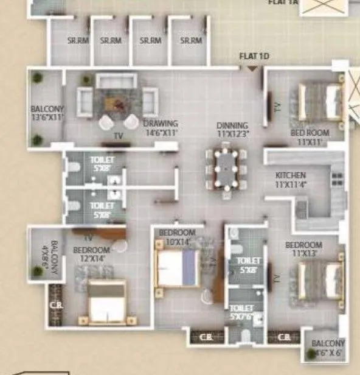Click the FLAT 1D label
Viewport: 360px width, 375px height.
[254, 57]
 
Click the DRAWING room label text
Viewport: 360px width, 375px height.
[161, 127]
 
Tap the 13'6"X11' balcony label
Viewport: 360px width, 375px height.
[47, 114]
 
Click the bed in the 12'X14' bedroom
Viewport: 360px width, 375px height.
[107, 301]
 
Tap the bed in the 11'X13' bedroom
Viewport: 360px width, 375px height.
[320, 279]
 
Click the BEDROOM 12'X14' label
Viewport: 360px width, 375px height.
[91, 254]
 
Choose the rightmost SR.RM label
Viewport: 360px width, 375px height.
[191, 41]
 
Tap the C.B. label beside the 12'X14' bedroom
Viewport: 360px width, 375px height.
[54, 305]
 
